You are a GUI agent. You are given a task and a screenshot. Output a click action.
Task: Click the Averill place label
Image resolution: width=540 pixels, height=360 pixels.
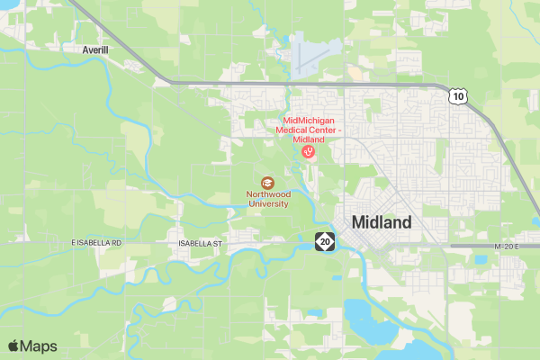pos(94,49)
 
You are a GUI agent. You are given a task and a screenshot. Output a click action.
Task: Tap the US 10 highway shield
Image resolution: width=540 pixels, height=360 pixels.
pos(459,95)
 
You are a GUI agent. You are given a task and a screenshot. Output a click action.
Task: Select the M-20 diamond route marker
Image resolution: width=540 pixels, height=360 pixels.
pos(324,241)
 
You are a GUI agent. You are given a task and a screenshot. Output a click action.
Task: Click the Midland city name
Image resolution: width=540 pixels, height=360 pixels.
pos(382,222)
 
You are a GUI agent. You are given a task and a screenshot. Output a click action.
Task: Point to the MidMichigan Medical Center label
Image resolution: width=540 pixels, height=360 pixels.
pos(313,130)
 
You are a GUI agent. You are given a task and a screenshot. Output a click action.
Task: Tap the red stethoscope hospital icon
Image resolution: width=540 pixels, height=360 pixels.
pos(308,153)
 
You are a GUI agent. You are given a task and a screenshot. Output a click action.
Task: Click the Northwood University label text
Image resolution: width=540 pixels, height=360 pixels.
pos(268,198)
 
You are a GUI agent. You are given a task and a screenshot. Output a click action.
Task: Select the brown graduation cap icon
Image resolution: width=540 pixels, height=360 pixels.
pos(266,183)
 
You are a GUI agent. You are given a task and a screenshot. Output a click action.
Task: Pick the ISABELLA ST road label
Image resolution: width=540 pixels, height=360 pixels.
pos(200,243)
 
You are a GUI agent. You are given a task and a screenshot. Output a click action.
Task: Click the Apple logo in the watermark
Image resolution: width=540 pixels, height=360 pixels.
pos(13,346)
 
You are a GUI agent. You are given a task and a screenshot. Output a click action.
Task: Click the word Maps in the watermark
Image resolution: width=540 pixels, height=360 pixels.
pos(39,346)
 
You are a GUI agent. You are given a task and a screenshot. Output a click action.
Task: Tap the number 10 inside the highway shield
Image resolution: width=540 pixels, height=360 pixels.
pos(459,95)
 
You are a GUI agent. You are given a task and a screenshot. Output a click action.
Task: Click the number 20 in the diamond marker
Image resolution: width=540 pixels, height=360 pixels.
pos(324,241)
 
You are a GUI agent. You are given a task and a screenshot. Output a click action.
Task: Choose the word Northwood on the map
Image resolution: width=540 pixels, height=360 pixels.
pos(268,193)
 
